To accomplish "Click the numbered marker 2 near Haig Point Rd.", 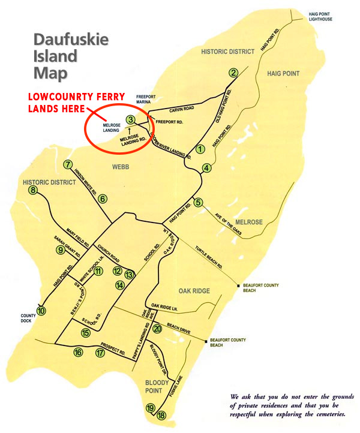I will click(x=233, y=73).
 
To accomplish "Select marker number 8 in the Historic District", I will click(x=32, y=191).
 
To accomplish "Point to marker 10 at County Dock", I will click(x=41, y=311).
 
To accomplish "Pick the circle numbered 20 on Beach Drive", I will click(x=157, y=328).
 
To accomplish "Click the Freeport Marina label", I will click(x=146, y=98).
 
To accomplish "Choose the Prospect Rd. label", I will click(x=113, y=347).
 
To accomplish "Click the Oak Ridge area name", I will click(x=194, y=291).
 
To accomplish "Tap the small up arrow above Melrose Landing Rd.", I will click(x=130, y=130).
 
